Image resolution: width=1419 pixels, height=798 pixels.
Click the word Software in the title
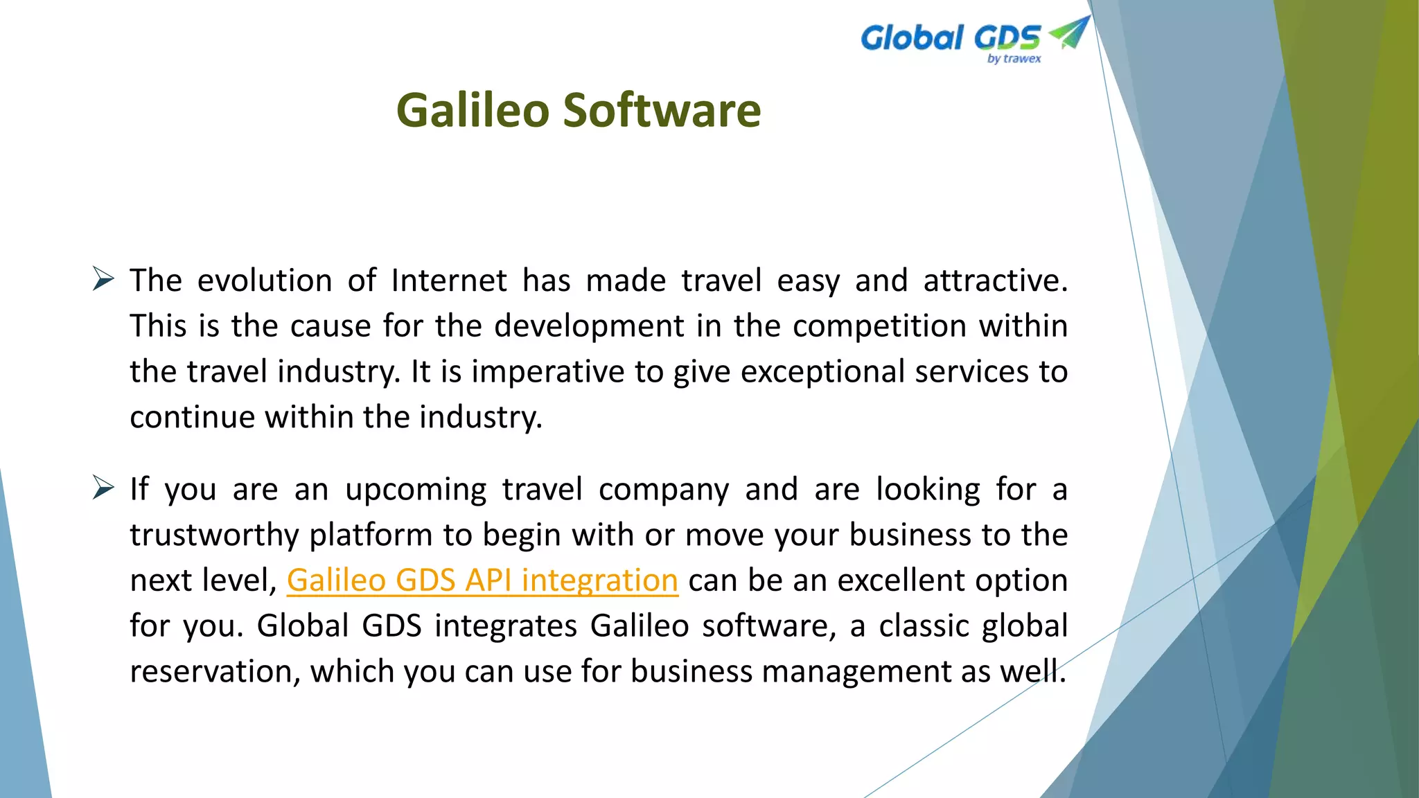click(661, 111)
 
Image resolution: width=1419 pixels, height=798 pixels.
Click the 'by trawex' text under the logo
click(1014, 59)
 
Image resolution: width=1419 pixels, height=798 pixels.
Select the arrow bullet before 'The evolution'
click(103, 279)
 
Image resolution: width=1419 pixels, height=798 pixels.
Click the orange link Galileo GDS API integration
click(482, 580)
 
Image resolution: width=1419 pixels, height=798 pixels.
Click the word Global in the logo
click(912, 37)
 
